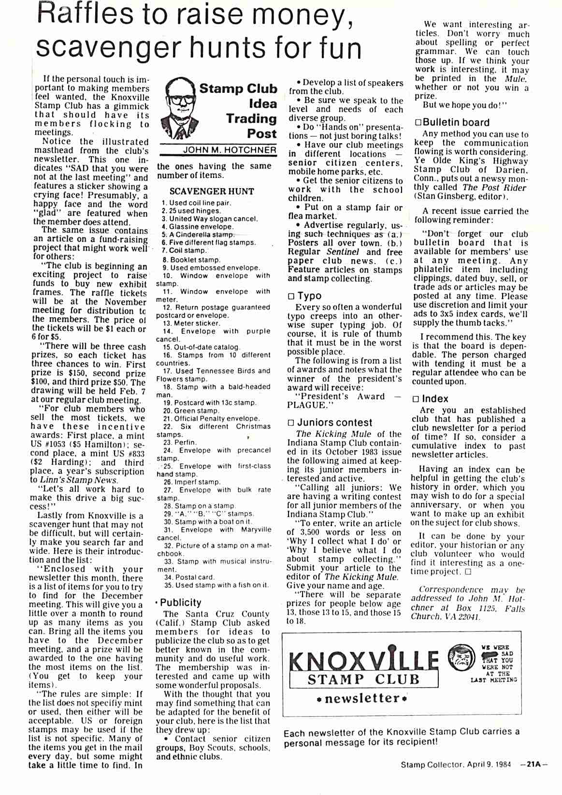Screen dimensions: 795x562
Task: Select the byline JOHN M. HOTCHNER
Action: click(x=230, y=150)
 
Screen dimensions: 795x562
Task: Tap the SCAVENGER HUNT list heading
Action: click(x=212, y=191)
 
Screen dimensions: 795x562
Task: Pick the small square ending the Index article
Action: click(x=467, y=572)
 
